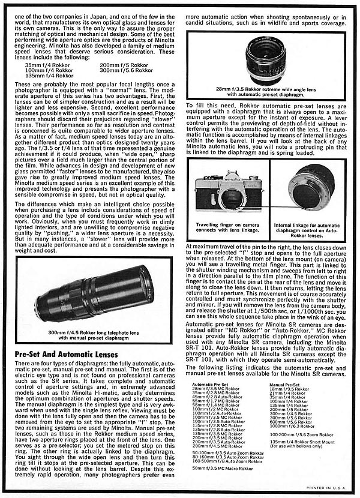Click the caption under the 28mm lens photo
(266, 90)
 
